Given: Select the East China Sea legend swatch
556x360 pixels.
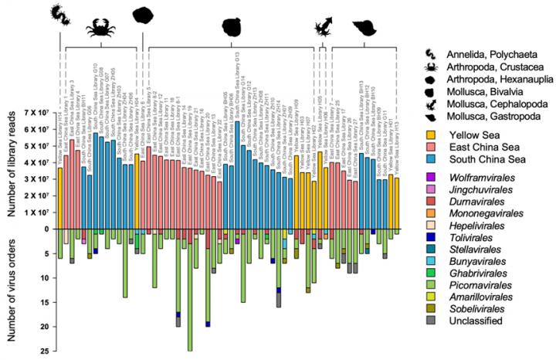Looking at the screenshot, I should (x=430, y=150).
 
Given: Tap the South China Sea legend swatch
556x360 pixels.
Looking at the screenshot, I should (x=430, y=164).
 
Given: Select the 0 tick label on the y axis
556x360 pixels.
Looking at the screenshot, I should (x=46, y=229).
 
